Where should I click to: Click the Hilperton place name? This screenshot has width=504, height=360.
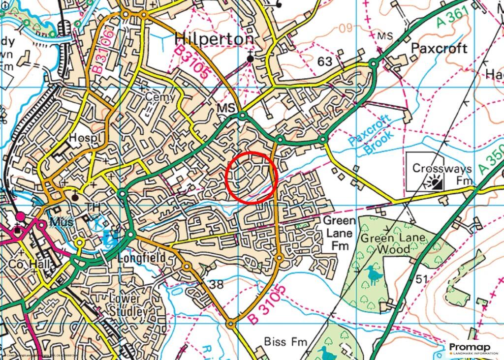(x=215, y=39)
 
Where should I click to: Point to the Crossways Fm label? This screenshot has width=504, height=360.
(x=441, y=174)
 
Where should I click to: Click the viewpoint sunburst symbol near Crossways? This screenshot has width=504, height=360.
(x=436, y=184)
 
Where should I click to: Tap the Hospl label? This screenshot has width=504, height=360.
(x=85, y=139)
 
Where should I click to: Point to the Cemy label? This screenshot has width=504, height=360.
(x=159, y=97)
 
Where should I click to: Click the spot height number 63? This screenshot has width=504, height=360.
(x=325, y=61)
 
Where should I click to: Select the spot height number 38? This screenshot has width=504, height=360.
(x=216, y=284)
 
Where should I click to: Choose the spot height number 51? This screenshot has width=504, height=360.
(x=421, y=279)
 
